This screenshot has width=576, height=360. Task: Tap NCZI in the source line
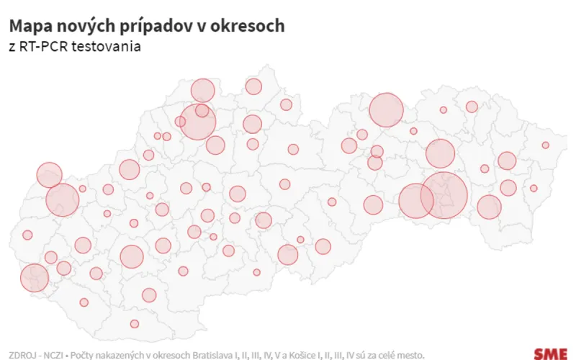[x=53, y=354]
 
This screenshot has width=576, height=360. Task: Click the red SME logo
[x=550, y=354]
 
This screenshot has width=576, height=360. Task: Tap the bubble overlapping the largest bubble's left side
[x=415, y=201]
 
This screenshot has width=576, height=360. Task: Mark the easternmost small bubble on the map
[x=546, y=145]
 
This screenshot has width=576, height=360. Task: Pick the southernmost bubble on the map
[x=135, y=323]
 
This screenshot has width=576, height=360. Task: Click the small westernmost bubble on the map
[x=27, y=235]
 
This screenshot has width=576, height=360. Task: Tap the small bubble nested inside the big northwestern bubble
[x=202, y=111]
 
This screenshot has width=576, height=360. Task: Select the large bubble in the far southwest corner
[x=34, y=278]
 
